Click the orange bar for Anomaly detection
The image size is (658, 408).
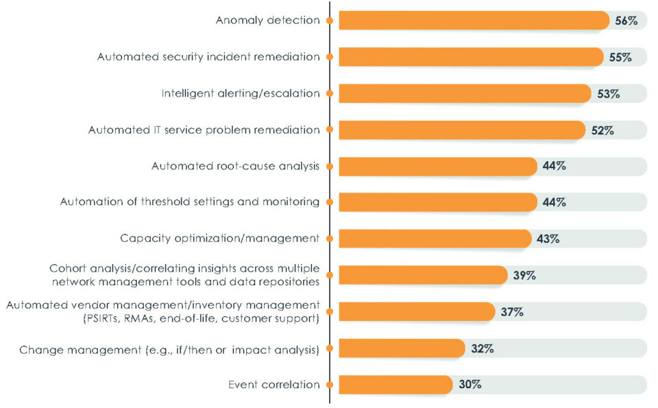[473, 21]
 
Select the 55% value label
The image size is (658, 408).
[620, 58]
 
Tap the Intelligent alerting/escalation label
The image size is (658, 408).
[241, 93]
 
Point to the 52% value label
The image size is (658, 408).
[602, 130]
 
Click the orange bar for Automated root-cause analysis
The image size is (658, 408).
[437, 166]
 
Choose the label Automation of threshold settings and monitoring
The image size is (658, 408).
[190, 202]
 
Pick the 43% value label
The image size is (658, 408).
[548, 239]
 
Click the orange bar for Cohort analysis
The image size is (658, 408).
[422, 275]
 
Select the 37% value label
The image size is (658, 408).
[512, 312]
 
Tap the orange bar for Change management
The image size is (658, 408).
[402, 348]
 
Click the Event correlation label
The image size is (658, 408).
[273, 385]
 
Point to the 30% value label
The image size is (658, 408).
[470, 385]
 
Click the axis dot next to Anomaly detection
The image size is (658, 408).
[330, 21]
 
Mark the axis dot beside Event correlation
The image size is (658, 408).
[330, 385]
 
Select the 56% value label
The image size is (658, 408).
[626, 21]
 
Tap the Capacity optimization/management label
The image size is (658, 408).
[219, 239]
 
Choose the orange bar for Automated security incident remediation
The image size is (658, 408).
[470, 58]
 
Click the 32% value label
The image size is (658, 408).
[483, 348]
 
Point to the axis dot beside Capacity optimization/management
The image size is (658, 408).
[330, 239]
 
